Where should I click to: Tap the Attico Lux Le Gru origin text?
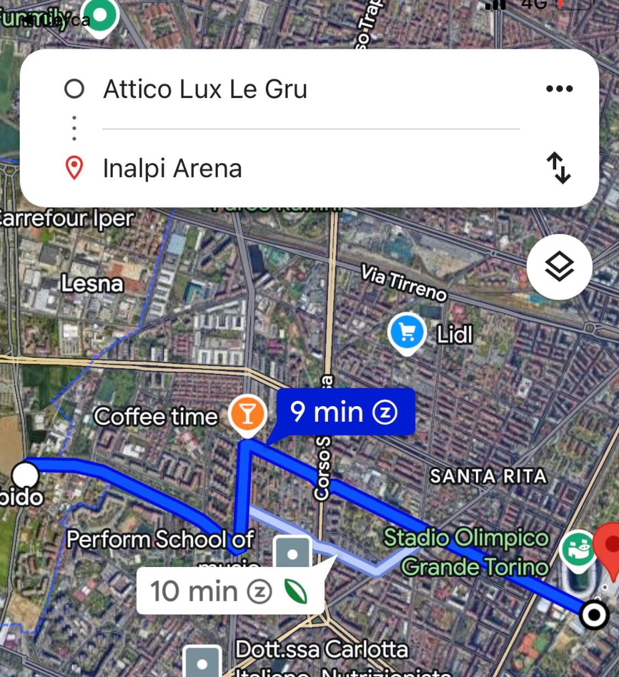tap(205, 89)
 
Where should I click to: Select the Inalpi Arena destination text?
tap(172, 168)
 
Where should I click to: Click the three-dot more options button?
tap(559, 89)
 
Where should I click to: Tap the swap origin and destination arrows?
tap(558, 167)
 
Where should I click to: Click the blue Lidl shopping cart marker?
tap(407, 332)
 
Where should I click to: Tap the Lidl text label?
tap(454, 334)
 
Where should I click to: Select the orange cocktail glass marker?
tap(248, 414)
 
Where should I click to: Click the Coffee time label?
tap(156, 416)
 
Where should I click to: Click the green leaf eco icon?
tap(295, 592)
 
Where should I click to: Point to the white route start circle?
tap(25, 474)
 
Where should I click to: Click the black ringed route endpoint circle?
tap(594, 614)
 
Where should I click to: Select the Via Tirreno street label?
tap(403, 282)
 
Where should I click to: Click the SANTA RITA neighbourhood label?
tap(488, 476)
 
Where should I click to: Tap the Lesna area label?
tap(92, 283)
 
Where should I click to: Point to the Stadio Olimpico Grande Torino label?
tap(467, 552)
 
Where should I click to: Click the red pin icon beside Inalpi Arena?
tap(74, 168)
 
